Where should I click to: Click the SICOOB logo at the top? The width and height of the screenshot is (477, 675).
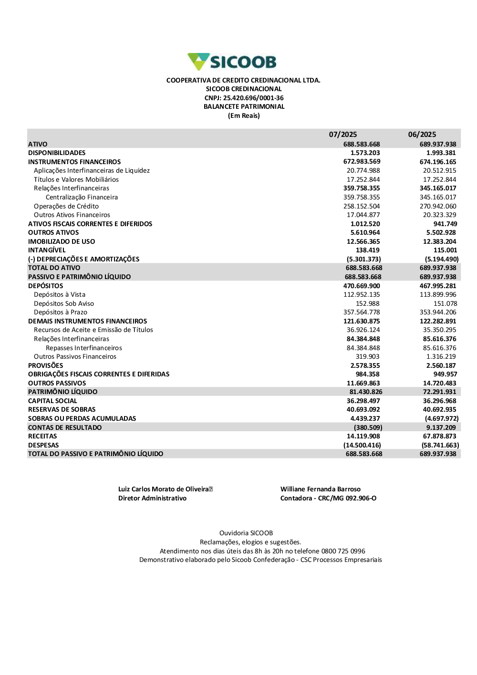[232, 62]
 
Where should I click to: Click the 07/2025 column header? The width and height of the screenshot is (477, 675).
[342, 135]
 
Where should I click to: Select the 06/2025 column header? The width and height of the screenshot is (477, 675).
[422, 135]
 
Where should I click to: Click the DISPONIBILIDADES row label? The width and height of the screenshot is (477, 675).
[57, 153]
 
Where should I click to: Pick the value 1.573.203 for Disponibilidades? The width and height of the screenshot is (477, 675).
[365, 153]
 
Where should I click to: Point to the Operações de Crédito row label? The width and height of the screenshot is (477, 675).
[66, 206]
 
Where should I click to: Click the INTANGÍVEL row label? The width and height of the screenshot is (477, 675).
[47, 250]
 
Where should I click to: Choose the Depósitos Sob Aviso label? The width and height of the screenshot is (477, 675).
[64, 303]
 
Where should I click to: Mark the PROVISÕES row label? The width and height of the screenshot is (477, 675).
[45, 365]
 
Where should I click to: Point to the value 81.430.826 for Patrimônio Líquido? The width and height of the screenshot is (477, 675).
[366, 392]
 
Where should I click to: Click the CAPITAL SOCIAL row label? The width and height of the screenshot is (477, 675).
[52, 401]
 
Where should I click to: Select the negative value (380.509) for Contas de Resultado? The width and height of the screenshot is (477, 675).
[368, 427]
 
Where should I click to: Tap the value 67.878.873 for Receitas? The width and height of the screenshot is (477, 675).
[439, 436]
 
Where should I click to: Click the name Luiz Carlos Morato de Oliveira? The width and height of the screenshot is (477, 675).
[164, 489]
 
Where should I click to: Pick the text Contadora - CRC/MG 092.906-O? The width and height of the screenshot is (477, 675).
[328, 498]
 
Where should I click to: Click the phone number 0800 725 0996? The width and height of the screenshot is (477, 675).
[343, 551]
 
